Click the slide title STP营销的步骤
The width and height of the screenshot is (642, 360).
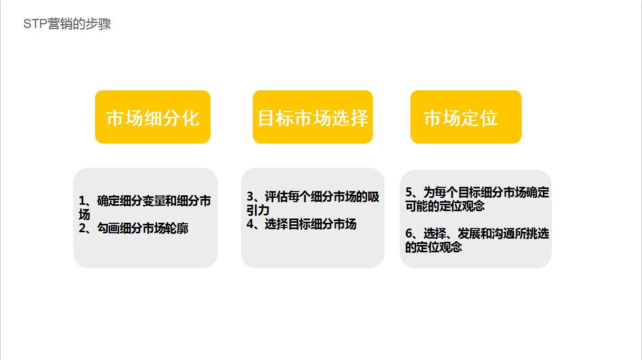67,24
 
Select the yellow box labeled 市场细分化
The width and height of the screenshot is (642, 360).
152,117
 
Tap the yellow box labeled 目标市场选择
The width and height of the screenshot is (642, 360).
312,117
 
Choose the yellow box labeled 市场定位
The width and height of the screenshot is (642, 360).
466,117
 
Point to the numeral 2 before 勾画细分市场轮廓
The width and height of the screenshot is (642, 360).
82,229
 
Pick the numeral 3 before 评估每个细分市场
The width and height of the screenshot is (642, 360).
251,197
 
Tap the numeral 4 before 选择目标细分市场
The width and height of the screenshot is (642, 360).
251,224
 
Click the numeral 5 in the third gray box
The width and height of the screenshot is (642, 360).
409,192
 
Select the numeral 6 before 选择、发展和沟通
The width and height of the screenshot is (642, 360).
409,233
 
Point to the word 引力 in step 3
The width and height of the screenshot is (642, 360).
258,210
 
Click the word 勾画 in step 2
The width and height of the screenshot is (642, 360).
107,229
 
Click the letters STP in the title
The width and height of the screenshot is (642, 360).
35,24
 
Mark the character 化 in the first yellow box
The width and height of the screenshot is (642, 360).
190,117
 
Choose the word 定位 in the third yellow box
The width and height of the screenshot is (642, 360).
480,117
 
